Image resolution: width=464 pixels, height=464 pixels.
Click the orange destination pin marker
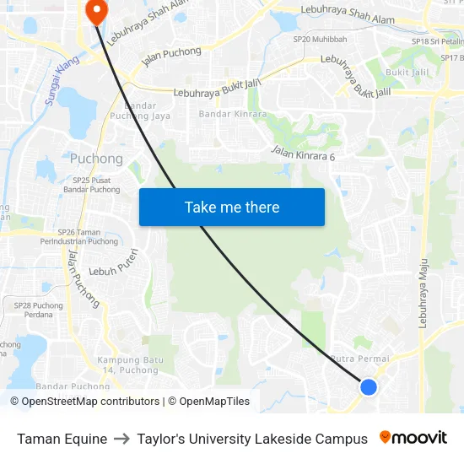pos(96,11)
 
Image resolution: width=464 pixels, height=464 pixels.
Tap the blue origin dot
pos(369,386)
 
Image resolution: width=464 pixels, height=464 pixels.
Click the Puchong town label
pos(96,159)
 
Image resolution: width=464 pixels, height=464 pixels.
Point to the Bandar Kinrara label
pos(233,114)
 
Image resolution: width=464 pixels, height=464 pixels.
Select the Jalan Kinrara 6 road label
pos(304,153)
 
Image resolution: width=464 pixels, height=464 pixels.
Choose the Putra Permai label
pos(361,359)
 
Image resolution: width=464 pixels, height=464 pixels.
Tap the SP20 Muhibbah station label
pos(320,39)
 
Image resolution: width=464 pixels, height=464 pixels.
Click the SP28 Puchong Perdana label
pos(39,310)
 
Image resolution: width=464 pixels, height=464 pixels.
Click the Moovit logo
pos(413,438)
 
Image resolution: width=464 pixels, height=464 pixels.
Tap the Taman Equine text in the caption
pos(62,439)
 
